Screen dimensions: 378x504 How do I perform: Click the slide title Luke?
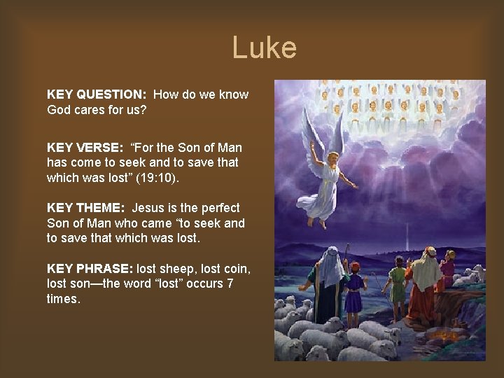(264, 48)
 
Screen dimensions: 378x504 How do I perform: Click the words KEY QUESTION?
(96, 94)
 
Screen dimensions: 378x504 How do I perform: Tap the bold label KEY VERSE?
(85, 147)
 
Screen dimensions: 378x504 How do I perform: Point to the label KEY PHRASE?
(90, 268)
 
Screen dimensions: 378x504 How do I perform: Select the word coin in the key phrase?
(237, 268)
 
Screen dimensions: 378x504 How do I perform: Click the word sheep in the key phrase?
(181, 268)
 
